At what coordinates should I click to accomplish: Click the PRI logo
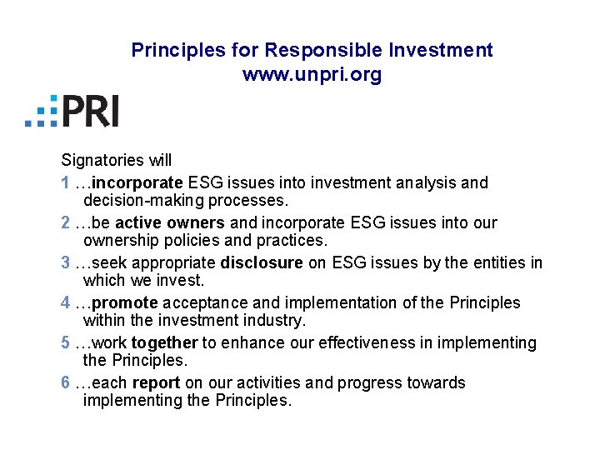[x=72, y=111]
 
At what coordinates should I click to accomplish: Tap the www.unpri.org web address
[x=312, y=75]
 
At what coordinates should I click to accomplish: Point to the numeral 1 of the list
[x=66, y=182]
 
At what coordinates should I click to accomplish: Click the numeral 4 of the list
[x=66, y=302]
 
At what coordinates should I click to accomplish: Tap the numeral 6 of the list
[x=66, y=382]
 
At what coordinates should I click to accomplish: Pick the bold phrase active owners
[x=170, y=222]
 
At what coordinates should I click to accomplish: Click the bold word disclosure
[x=262, y=262]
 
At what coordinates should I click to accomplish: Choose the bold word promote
[x=125, y=302]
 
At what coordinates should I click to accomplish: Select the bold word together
[x=164, y=342]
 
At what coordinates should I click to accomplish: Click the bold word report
[x=156, y=382]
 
